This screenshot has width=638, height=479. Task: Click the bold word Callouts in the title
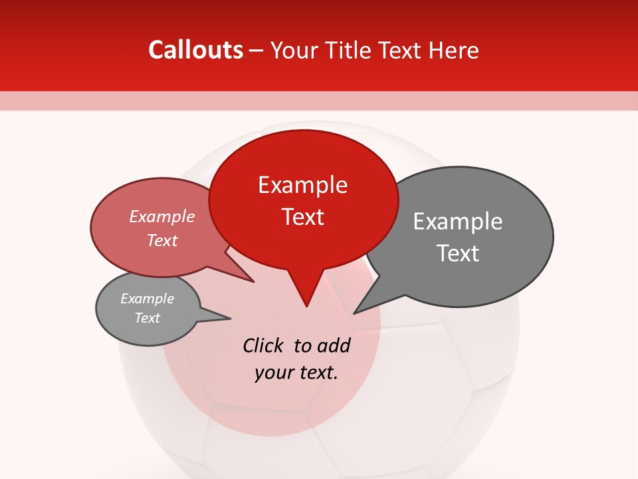point(195,50)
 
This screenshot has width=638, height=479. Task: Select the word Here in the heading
point(455,50)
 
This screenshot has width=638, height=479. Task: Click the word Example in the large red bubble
point(302,185)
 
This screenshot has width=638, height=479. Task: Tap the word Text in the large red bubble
point(302,217)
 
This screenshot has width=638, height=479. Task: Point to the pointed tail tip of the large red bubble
point(306,306)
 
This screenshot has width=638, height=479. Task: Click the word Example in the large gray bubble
point(457,222)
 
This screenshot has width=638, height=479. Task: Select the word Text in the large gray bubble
point(458,253)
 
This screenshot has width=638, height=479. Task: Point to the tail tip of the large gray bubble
point(354,313)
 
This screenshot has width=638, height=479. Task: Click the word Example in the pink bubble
point(161,216)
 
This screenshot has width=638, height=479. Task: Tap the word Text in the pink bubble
point(161,240)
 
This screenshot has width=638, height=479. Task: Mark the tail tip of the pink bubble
point(254,282)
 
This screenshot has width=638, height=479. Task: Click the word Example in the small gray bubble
point(147,299)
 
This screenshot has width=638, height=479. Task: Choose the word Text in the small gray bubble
point(147,318)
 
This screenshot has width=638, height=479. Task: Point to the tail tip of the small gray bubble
point(230,318)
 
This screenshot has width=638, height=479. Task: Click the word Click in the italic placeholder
point(264,345)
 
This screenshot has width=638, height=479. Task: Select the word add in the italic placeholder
point(333,345)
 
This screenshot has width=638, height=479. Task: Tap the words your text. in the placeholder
point(296,373)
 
